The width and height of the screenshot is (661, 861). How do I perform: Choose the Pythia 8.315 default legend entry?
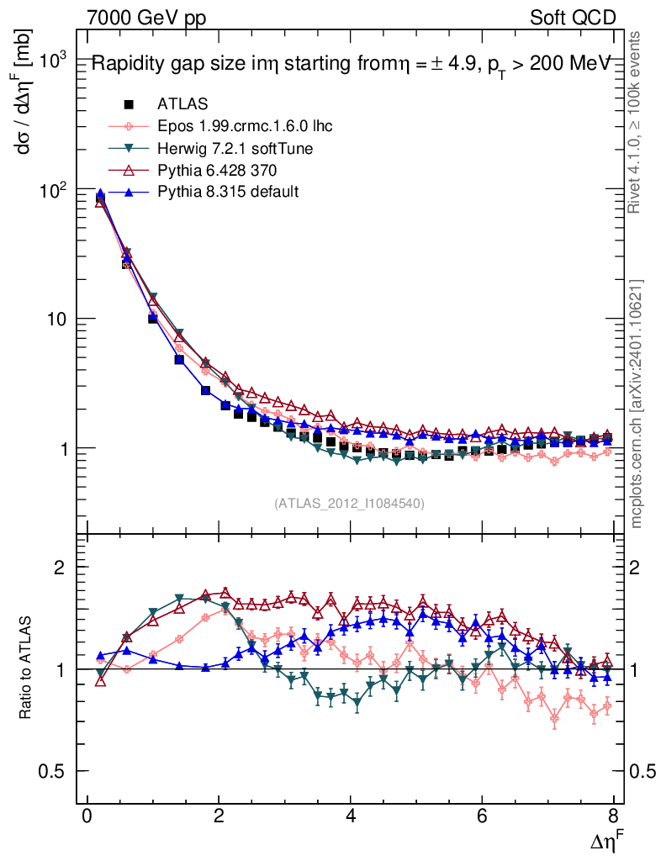pos(228,192)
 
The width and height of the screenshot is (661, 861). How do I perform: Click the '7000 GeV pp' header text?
pos(146,17)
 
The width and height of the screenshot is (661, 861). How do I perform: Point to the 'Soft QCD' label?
pos(574,17)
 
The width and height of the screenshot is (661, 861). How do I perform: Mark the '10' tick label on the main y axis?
pos(57,320)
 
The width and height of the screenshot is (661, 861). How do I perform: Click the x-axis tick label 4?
pos(351,816)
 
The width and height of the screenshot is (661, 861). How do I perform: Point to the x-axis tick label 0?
pos(87,816)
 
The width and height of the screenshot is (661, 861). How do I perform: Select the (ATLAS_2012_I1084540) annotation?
pos(349,504)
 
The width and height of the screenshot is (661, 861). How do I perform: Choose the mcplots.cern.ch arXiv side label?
pos(637,404)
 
